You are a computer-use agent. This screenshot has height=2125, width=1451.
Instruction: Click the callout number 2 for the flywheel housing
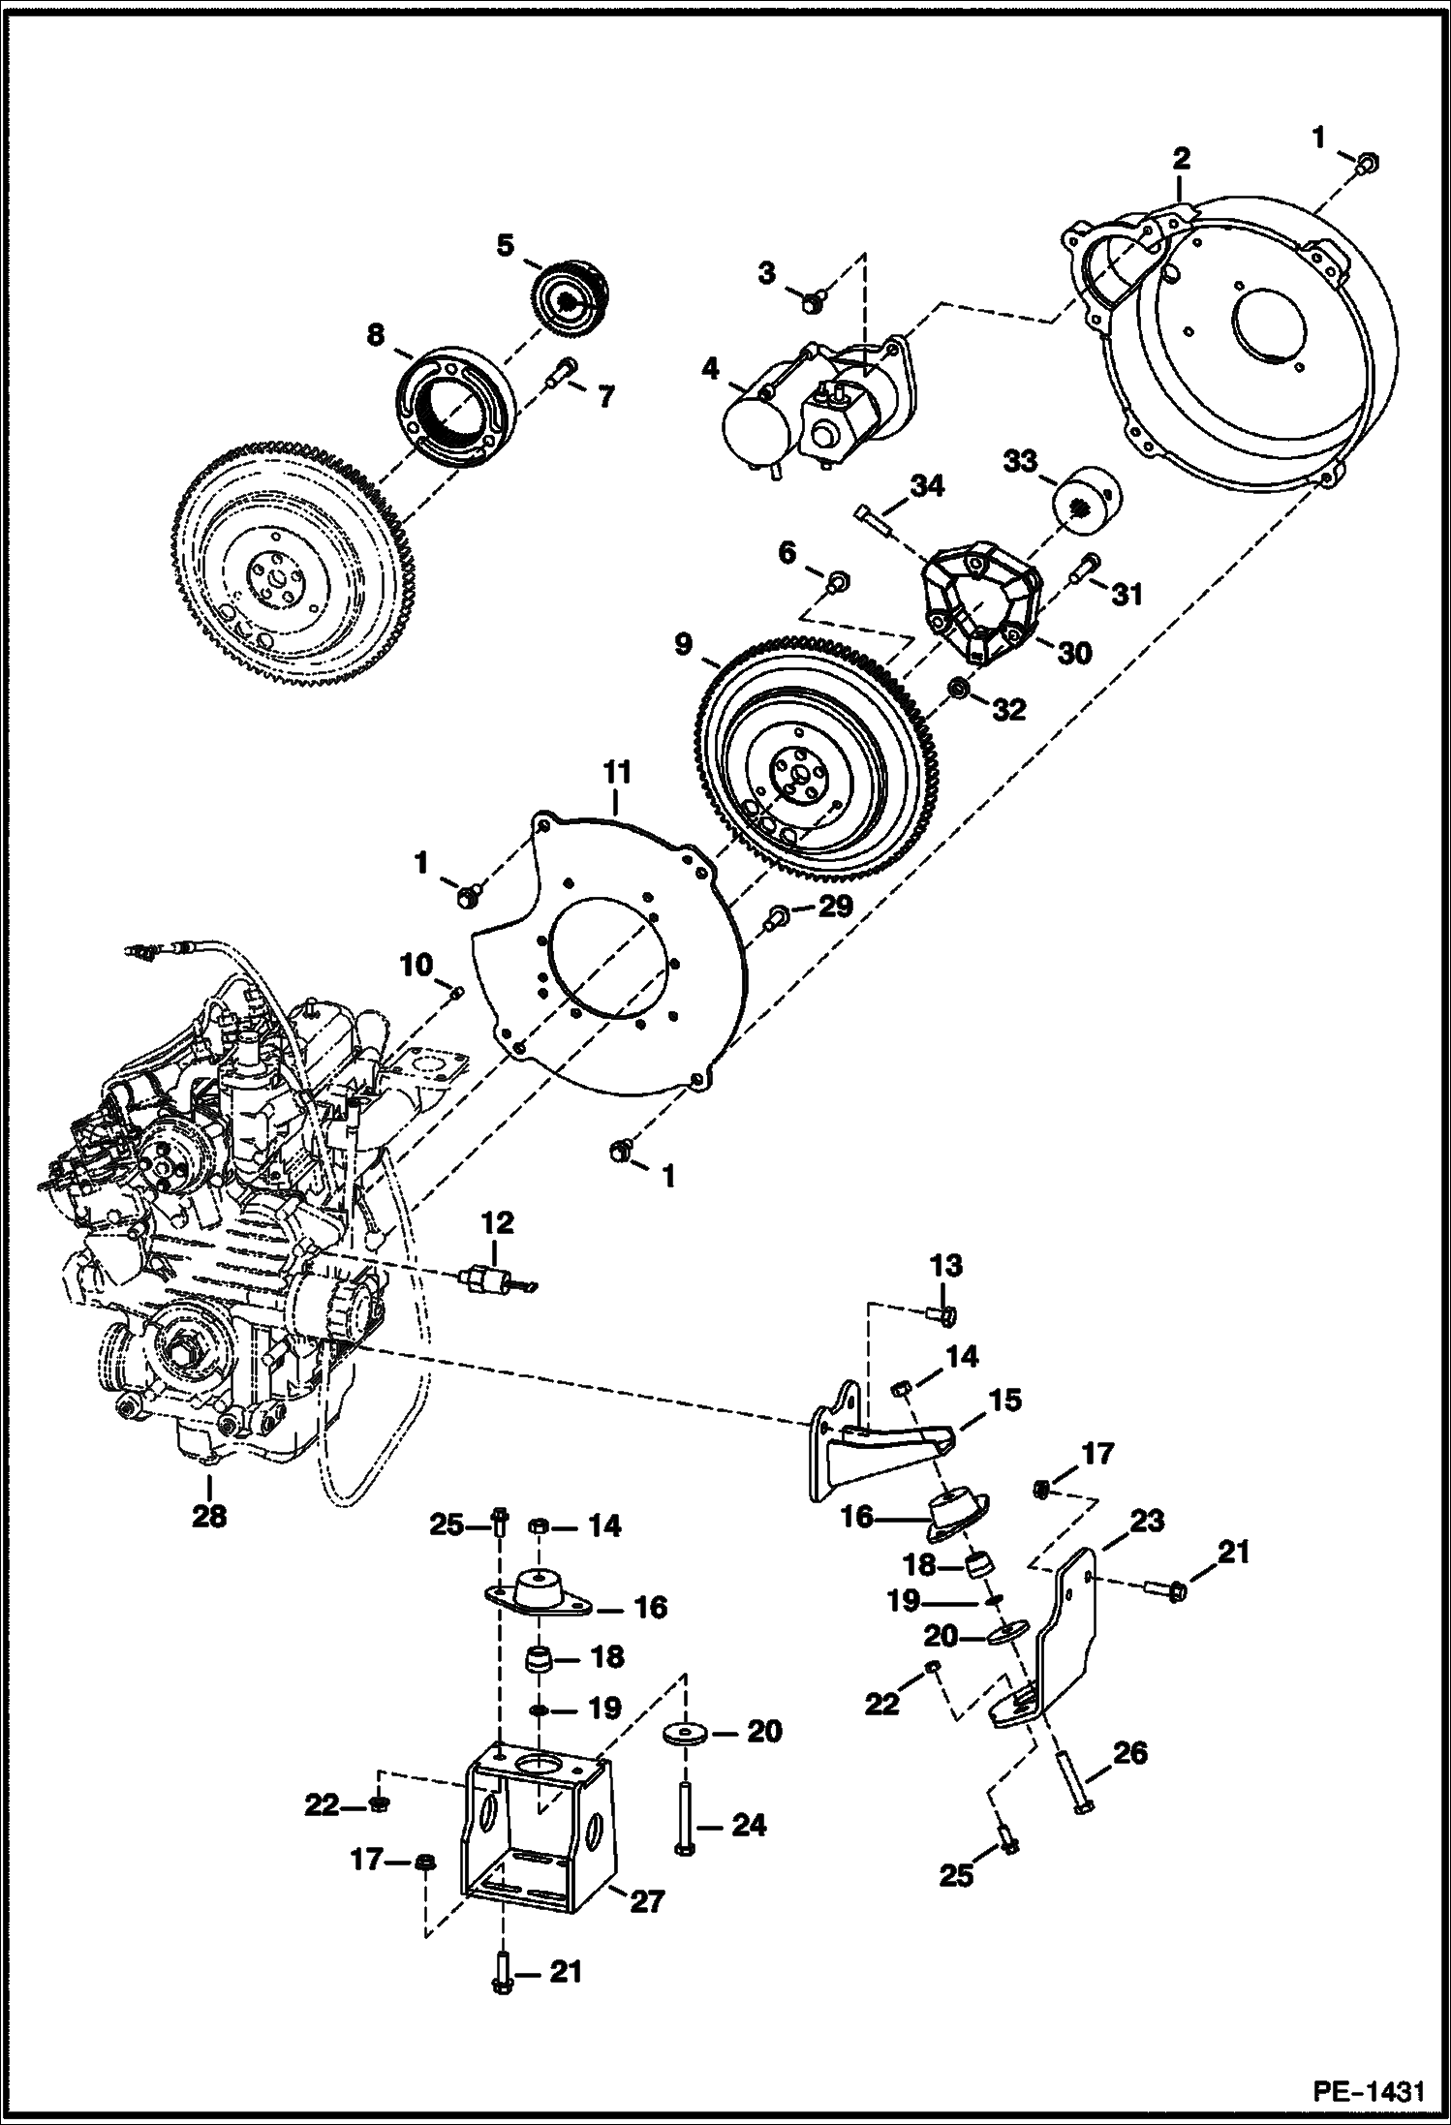click(1180, 159)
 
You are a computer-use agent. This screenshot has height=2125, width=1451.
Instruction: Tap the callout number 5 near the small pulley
click(505, 246)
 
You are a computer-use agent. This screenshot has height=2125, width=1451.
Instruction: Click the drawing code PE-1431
click(1368, 2092)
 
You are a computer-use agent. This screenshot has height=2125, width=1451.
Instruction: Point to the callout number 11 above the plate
click(616, 772)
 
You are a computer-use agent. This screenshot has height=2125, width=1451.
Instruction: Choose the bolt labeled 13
click(945, 1314)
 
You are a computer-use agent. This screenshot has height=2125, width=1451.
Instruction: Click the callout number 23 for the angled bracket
click(1146, 1522)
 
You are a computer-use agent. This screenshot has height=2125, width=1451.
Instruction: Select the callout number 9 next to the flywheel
click(683, 644)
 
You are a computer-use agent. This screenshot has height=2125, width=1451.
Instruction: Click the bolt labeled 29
click(777, 915)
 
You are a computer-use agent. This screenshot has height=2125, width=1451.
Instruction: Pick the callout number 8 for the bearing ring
click(375, 336)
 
